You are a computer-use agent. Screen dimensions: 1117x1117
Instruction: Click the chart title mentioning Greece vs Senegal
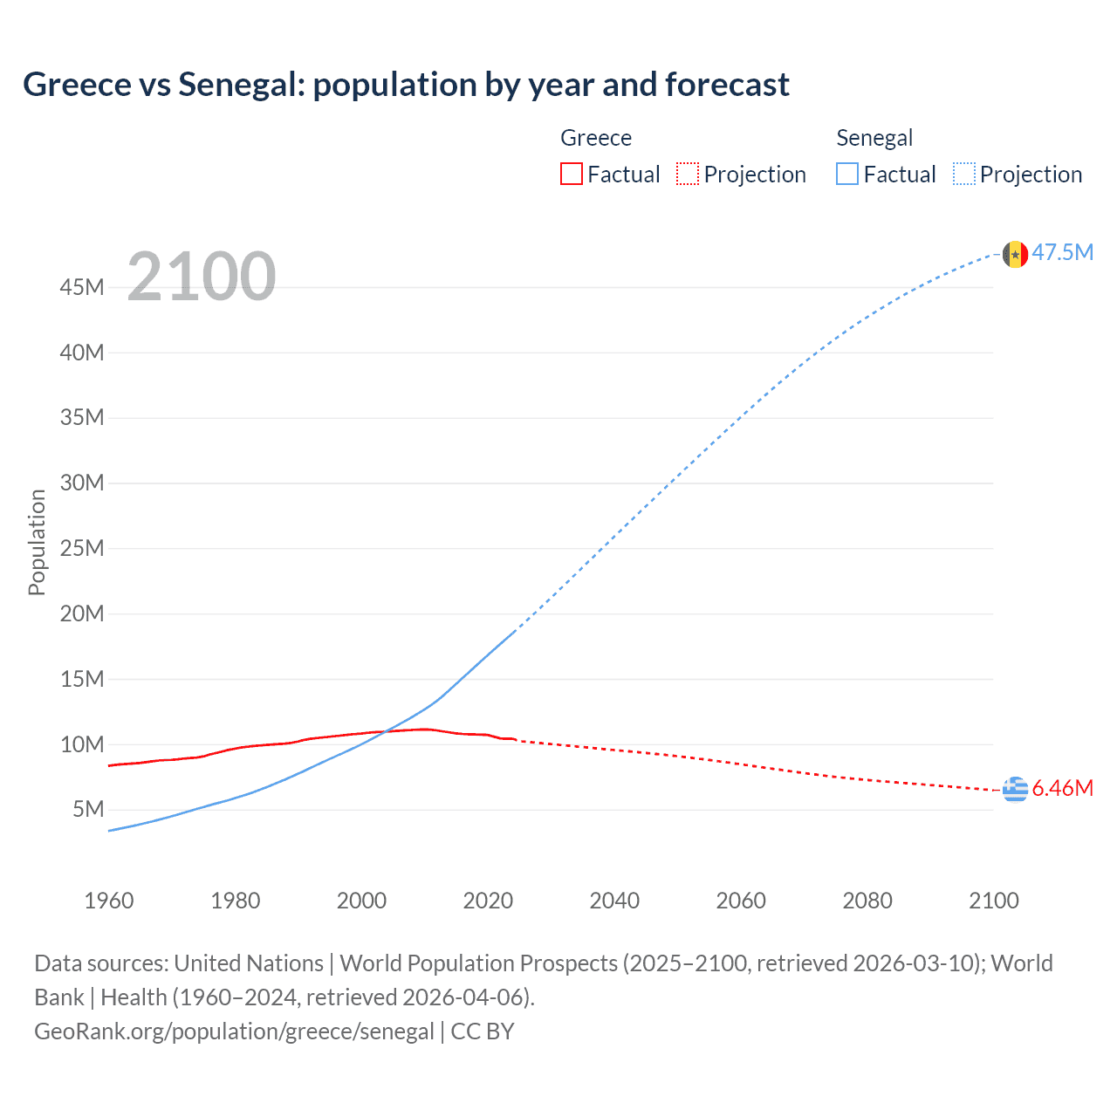coord(406,85)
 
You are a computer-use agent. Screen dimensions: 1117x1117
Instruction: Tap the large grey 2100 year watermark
coord(202,277)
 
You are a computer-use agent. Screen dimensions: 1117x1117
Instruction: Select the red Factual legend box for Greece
coord(571,175)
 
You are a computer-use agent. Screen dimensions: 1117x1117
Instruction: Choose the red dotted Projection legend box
coord(688,175)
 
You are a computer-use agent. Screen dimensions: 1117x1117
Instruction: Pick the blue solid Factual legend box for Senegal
coord(847,175)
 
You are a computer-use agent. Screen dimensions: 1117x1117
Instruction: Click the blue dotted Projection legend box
coord(964,175)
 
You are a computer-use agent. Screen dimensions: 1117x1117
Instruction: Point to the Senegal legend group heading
coord(874,138)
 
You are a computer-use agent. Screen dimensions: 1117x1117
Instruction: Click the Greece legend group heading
coord(596,138)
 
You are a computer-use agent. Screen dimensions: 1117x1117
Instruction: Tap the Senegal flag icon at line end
coord(1014,254)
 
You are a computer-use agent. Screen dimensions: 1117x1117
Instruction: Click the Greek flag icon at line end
coord(1014,789)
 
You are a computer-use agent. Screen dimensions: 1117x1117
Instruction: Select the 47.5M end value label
coord(1063,253)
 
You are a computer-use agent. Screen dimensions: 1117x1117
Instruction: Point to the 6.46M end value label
coord(1063,789)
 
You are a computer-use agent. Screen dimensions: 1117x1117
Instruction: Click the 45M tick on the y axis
coord(82,287)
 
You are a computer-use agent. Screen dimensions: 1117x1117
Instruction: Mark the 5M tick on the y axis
coord(88,809)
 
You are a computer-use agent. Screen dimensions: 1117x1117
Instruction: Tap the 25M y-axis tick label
coord(82,548)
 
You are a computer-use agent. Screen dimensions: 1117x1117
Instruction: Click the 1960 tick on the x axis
coord(109,901)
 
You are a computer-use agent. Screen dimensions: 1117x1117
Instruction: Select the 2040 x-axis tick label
coord(614,901)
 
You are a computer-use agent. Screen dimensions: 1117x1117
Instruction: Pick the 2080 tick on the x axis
coord(867,901)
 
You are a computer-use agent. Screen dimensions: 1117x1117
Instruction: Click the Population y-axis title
coord(37,542)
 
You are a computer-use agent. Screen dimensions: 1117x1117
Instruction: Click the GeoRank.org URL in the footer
coord(234,1031)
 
